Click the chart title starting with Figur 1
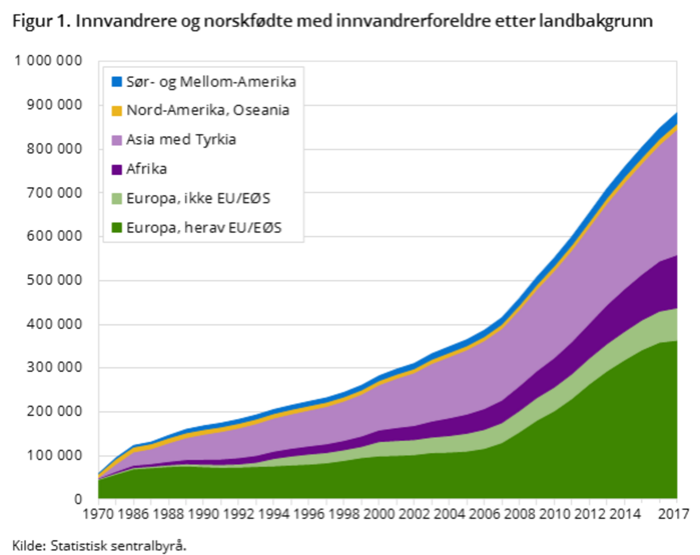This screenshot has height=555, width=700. (x=332, y=21)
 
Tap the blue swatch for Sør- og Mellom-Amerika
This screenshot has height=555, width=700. (x=117, y=82)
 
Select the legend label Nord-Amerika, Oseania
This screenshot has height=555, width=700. (x=208, y=110)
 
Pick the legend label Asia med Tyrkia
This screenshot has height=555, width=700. (x=181, y=140)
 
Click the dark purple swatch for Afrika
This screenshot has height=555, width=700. (x=117, y=169)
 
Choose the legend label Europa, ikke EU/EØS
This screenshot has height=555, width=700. (x=198, y=198)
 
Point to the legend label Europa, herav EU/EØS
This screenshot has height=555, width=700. (x=204, y=228)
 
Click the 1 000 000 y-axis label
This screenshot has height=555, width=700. (x=48, y=61)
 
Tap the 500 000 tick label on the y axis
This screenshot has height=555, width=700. (x=54, y=280)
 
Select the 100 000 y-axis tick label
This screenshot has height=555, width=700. (x=54, y=455)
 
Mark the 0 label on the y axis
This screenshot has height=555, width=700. (x=78, y=499)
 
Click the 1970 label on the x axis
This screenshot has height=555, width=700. (x=98, y=514)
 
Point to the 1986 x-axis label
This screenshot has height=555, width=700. (x=134, y=514)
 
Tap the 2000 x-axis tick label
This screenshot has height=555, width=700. (x=379, y=514)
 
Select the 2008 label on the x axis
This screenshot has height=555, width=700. (x=519, y=514)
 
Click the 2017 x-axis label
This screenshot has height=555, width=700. (x=674, y=514)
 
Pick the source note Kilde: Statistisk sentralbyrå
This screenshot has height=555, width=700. (x=99, y=546)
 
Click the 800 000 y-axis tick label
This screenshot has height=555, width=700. (x=54, y=149)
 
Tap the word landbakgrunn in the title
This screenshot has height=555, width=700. (x=596, y=21)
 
